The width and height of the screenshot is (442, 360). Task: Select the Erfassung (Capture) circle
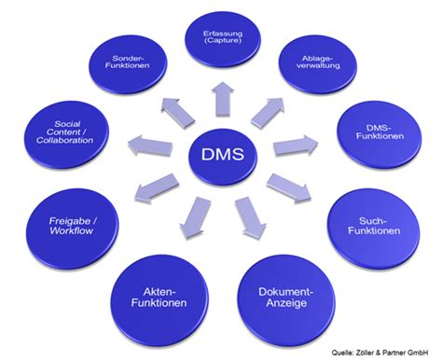pos(222,39)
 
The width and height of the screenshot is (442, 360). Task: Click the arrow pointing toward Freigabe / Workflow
pos(157,191)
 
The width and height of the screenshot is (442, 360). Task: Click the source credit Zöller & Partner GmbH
pos(385,352)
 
